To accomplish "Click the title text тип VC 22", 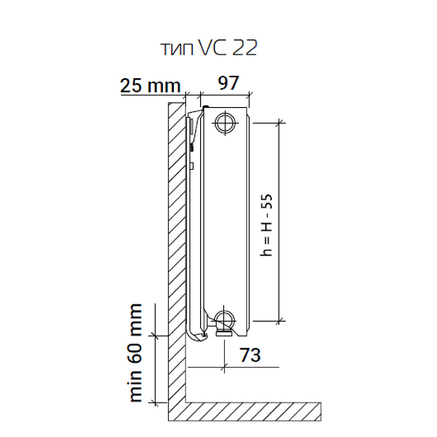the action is pos(209,48).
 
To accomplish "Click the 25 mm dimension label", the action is pos(150,85).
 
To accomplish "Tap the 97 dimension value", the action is pos(229,83).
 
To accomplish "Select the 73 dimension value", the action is pos(250,355).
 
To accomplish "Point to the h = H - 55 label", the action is pos(266,225).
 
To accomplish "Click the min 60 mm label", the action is pos(136,353).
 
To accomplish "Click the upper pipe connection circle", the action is pos(225,123).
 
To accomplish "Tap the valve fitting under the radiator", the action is pos(224,333).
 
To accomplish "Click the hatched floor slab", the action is pos(253,412).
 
